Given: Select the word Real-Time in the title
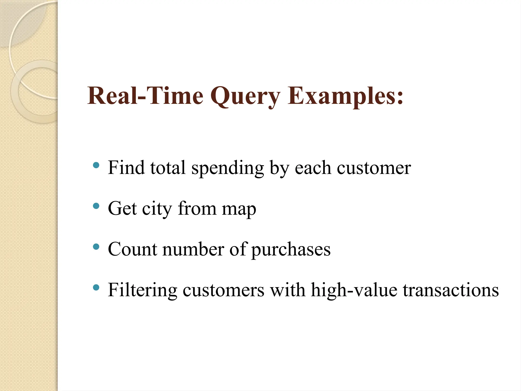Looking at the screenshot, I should point(145,96).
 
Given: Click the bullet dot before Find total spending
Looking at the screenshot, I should point(96,165).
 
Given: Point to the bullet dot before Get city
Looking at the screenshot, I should point(96,206).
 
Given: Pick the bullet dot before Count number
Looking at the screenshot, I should point(96,247).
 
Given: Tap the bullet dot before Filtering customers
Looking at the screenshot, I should point(96,288).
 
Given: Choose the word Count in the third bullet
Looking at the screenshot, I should point(132,249).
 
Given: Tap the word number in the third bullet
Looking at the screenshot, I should point(193,249).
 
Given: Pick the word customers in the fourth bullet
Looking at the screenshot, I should point(223,290).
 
